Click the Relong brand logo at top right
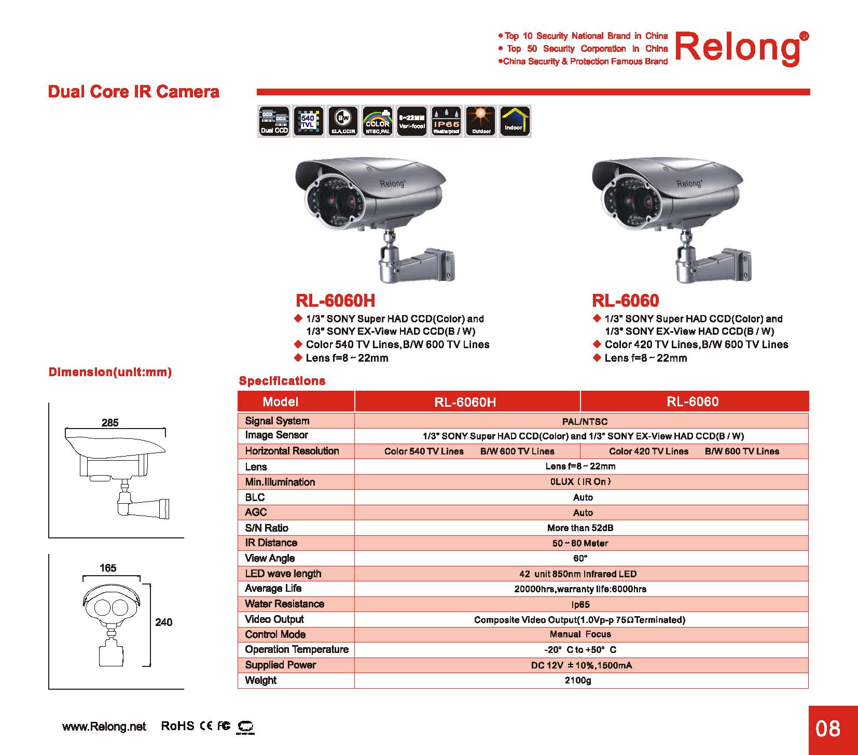click(x=739, y=48)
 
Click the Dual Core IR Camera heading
click(x=133, y=92)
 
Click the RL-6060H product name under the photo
click(x=335, y=301)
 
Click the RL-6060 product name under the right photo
click(x=625, y=301)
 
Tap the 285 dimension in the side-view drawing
click(x=110, y=423)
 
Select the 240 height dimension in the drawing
click(x=164, y=622)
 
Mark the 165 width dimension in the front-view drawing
click(x=108, y=568)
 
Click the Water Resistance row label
click(x=284, y=604)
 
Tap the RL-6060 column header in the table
click(x=693, y=402)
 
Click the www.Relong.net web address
click(x=104, y=726)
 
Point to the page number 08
click(x=827, y=729)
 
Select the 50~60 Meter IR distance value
click(x=580, y=543)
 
